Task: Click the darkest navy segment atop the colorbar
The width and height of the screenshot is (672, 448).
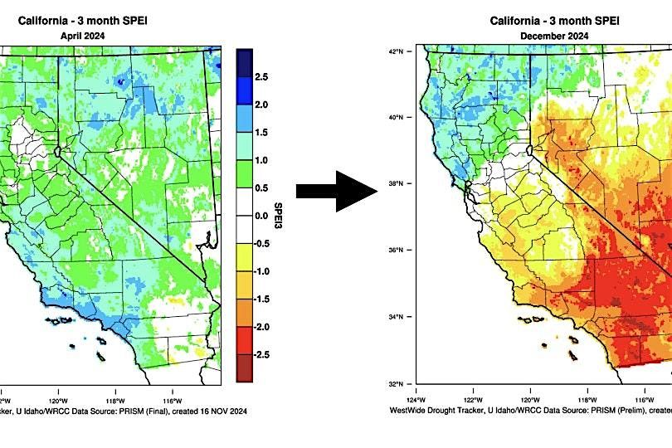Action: (244, 62)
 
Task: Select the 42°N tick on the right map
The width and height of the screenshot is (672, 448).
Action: (395, 51)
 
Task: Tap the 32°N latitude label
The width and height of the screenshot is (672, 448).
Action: (395, 384)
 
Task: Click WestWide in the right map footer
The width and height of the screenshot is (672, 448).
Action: (408, 411)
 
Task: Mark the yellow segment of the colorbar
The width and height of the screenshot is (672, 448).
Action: (244, 257)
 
